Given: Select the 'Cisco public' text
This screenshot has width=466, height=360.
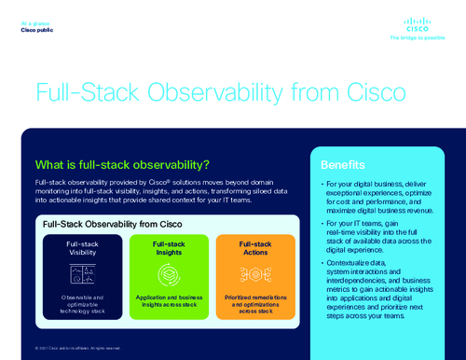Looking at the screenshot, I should click(x=37, y=30).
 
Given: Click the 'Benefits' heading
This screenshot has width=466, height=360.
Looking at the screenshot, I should click(x=342, y=164).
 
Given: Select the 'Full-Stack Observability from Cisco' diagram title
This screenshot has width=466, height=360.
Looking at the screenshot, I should click(x=112, y=224).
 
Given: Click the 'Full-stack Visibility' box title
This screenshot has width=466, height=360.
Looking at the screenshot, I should click(x=82, y=247).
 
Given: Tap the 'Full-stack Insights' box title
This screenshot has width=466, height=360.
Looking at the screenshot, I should click(x=169, y=247).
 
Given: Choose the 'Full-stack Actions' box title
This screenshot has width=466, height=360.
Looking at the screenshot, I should click(x=255, y=247).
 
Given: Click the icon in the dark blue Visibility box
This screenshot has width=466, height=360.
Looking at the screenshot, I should click(x=82, y=273).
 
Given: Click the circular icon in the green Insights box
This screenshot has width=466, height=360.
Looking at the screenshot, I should click(x=169, y=273).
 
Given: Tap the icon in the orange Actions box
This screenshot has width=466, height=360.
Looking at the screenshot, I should click(x=255, y=273).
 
